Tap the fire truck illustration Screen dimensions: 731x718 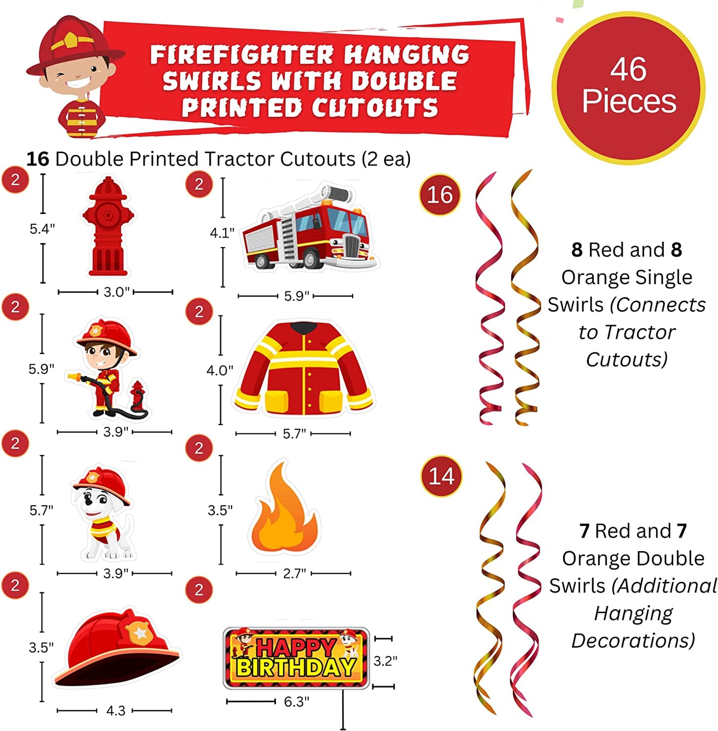309,229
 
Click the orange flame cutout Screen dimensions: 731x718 284,509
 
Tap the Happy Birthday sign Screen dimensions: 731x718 297,658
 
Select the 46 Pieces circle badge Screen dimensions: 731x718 629,87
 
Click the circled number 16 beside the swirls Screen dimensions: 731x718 440,195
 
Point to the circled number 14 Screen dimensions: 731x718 441,477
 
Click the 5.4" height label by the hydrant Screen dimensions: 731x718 42,229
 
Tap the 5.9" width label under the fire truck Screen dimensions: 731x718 297,296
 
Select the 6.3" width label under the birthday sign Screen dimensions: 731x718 297,702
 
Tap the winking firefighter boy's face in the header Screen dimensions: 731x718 77,72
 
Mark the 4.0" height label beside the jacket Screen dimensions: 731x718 220,370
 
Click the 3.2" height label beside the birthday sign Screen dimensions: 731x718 385,661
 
